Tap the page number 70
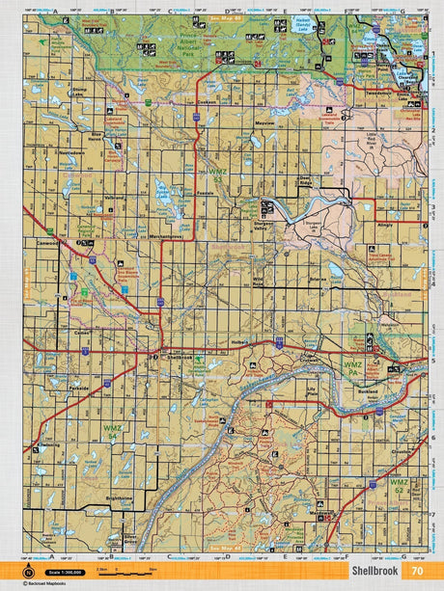(x=416, y=570)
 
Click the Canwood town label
(x=46, y=243)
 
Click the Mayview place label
(x=265, y=124)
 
